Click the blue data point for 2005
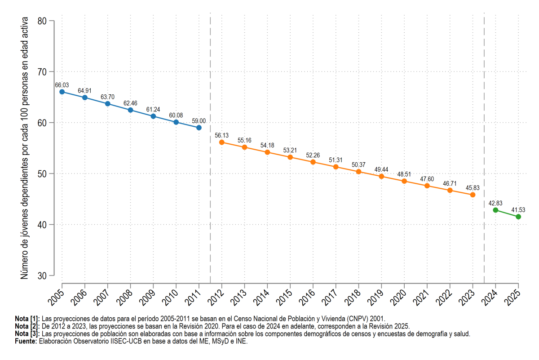(x=62, y=92)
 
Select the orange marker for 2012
(x=221, y=142)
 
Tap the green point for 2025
(x=518, y=217)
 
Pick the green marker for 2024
(x=495, y=210)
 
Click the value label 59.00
(x=199, y=121)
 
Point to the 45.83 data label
(x=473, y=188)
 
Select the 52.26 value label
(x=313, y=156)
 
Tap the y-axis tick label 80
(x=42, y=21)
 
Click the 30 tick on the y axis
(x=42, y=276)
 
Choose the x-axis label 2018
(x=353, y=297)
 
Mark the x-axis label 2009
(x=147, y=297)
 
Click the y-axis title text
(x=24, y=148)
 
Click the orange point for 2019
(x=381, y=177)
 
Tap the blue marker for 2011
(x=199, y=128)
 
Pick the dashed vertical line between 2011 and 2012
(x=210, y=148)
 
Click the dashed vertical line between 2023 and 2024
(x=484, y=148)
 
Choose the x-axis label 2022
(x=444, y=297)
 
